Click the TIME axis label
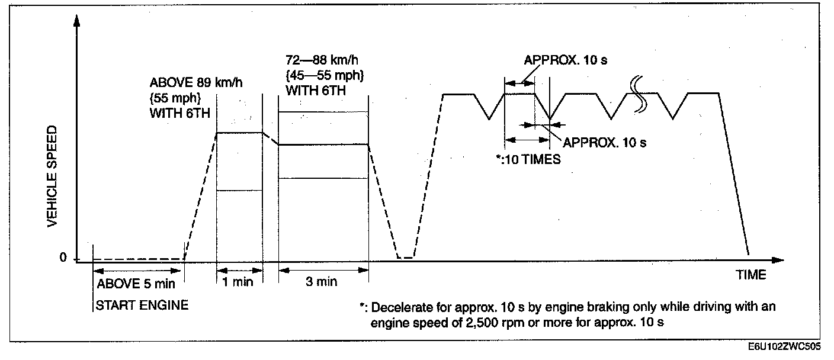[x=750, y=275]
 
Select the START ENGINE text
[x=143, y=306]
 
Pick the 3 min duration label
[x=322, y=282]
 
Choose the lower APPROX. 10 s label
[x=604, y=142]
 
